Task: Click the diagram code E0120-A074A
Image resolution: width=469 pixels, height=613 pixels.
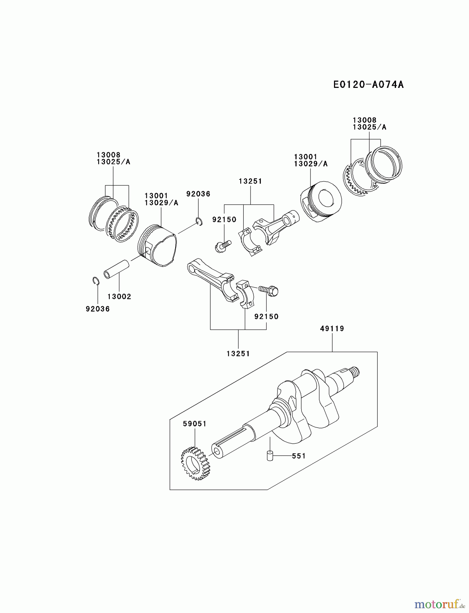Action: coord(368,84)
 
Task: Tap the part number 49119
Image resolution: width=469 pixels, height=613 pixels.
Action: coord(332,329)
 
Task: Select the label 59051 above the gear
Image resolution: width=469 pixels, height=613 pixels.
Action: coord(195,424)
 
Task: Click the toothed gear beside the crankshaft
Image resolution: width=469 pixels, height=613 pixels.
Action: coord(195,463)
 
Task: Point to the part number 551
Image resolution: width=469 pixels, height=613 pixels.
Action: coord(299,456)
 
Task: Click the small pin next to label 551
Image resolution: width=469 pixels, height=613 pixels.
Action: coord(270,455)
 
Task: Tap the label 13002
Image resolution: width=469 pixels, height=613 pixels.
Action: coord(119,296)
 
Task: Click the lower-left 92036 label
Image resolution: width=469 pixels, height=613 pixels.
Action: coord(98,309)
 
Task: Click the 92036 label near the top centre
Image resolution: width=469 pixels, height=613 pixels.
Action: coord(198,194)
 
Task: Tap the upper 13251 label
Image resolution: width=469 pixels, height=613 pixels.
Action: coord(251,181)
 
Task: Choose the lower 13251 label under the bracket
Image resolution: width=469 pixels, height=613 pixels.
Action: coord(238,353)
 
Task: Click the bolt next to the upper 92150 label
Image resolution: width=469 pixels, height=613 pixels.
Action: coord(223,246)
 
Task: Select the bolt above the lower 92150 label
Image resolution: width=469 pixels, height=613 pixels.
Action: coord(269,290)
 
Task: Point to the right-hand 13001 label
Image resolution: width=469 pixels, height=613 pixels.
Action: coord(306,157)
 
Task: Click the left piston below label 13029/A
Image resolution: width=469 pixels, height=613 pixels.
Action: coord(157,245)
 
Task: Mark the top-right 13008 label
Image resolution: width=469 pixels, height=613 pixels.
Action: coord(364,120)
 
